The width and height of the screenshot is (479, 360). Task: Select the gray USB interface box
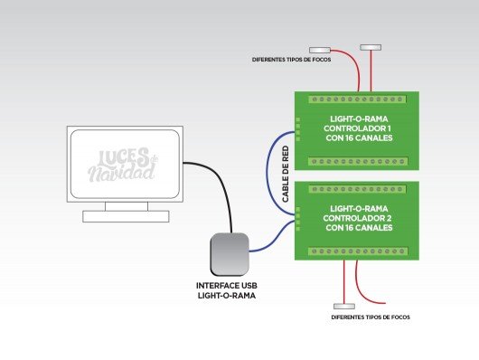(229, 254)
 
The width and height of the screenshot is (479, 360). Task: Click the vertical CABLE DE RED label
(286, 173)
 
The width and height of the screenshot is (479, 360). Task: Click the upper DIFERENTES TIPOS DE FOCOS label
(290, 62)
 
